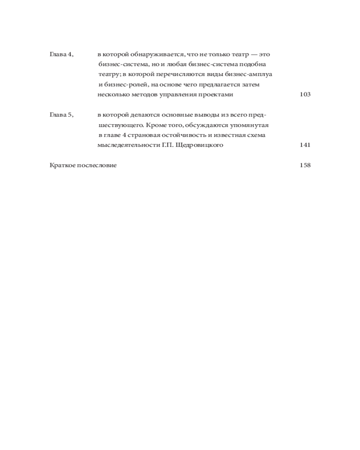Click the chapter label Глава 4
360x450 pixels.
pos(61,54)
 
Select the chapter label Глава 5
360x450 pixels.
pos(61,115)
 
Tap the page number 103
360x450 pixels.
pos(305,94)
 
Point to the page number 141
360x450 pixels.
pos(305,145)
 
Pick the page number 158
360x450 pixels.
pos(305,165)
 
